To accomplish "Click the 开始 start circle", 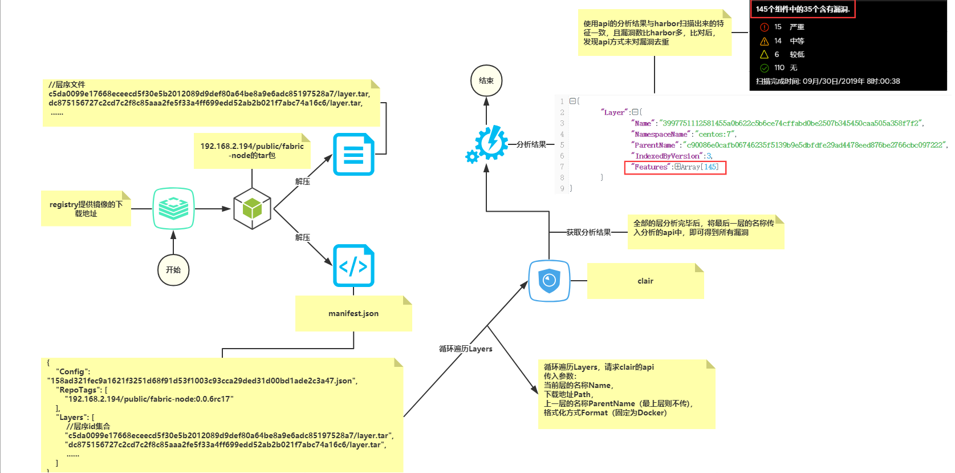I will pos(173,270).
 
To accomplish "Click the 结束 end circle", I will pos(486,80).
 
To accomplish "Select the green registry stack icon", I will pos(173,208).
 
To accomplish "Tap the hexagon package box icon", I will pos(252,209).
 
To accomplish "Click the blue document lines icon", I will pos(353,154).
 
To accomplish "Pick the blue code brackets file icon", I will pos(353,265).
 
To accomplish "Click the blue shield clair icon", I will pos(549,281).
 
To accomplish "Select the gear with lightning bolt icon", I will pos(487,144).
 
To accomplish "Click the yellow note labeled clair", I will pos(645,281).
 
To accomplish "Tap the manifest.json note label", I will pos(353,313).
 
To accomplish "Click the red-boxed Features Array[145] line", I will pos(675,167).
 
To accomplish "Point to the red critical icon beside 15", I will pos(765,27).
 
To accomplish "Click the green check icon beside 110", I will pos(765,68).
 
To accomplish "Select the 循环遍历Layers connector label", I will pos(465,349).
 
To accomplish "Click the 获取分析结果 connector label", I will pos(588,232).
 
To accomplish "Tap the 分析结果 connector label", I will pos(531,144).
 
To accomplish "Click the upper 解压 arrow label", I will pos(303,181).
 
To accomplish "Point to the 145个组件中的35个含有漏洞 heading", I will pos(802,9).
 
